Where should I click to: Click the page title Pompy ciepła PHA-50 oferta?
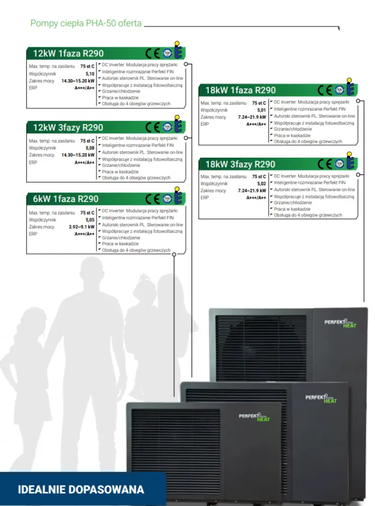pos(86,23)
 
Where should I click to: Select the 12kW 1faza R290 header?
pos(69,53)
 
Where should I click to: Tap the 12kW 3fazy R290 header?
pos(68,128)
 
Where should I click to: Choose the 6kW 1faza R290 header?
pos(66,199)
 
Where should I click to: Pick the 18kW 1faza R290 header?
pos(240,91)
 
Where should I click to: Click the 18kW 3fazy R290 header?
pos(240,165)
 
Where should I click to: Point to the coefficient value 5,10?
pos(90,74)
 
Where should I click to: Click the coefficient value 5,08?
pos(90,148)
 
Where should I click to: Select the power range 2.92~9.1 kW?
pos(82,227)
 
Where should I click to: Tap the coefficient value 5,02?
pos(262,184)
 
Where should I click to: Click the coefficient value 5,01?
pos(262,110)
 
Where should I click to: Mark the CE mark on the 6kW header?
pos(152,199)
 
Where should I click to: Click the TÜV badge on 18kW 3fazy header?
pos(339,164)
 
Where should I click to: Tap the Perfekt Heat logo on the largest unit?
pos(340,323)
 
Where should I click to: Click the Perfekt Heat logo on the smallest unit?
pos(255,417)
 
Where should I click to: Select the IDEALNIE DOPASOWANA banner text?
pos(81,490)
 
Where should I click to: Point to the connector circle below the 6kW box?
pos(174,255)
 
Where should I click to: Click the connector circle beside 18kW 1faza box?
pos(358,101)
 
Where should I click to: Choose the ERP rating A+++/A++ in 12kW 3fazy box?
pos(84,163)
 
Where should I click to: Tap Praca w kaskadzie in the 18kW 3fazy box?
pos(292,209)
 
